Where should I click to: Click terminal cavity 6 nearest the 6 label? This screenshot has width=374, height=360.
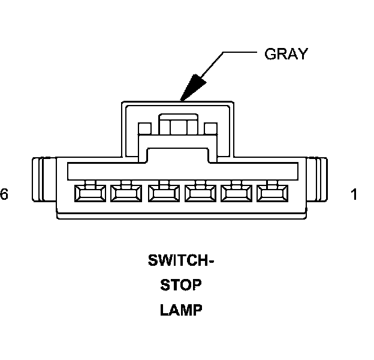coord(86,193)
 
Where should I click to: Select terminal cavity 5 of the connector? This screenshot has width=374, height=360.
coord(123,193)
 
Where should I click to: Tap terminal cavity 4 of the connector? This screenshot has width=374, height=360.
coord(160,193)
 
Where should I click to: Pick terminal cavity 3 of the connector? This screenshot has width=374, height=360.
coord(197,193)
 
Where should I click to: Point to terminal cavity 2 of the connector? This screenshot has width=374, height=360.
coord(234,193)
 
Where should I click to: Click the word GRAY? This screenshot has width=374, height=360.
coord(286,54)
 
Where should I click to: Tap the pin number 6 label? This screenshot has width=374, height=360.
coord(5,195)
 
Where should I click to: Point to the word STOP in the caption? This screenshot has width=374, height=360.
coord(181,286)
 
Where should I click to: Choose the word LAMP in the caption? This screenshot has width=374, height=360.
coord(181,310)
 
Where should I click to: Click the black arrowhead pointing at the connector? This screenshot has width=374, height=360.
coord(193,88)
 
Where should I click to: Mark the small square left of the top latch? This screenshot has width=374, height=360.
coord(143,128)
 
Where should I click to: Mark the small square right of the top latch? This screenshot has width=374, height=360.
coord(210,128)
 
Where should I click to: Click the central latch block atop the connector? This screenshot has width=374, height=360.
coord(177,126)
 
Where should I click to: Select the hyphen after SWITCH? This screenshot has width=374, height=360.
coord(210,262)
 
